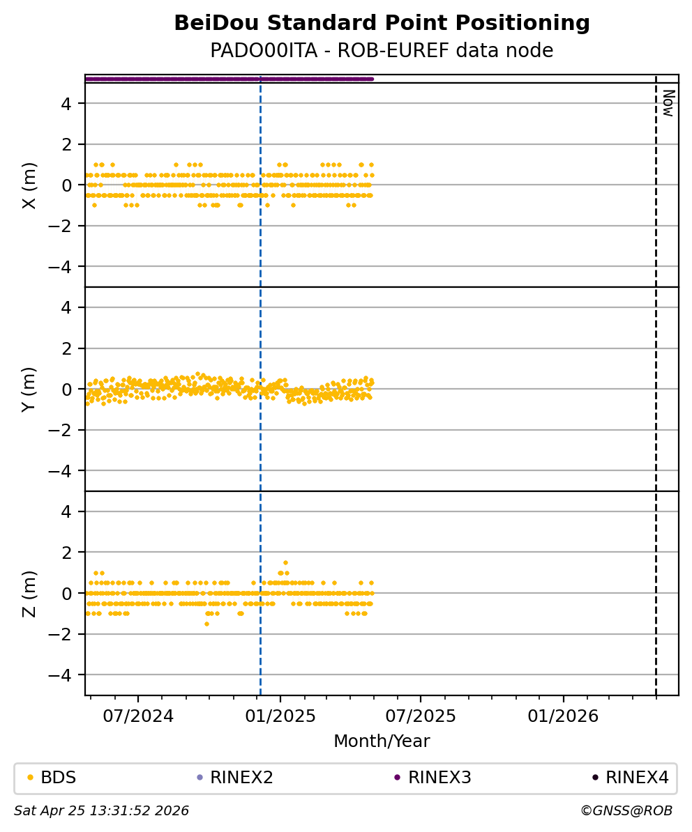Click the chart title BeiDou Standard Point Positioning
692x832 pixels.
382,24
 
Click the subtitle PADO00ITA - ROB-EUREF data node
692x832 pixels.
382,51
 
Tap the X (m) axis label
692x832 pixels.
29,185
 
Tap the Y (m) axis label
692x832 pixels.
29,389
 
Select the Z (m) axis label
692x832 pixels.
29,593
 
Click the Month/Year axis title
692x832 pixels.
382,741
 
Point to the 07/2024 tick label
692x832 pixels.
138,716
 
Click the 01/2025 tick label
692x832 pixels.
280,716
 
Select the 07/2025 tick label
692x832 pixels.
421,716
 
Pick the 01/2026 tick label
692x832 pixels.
563,716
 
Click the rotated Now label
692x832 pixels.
668,103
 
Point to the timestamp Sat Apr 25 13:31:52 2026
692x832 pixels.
102,811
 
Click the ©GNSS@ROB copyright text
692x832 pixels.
626,811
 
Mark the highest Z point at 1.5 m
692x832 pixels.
285,562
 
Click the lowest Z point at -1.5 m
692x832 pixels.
206,624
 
